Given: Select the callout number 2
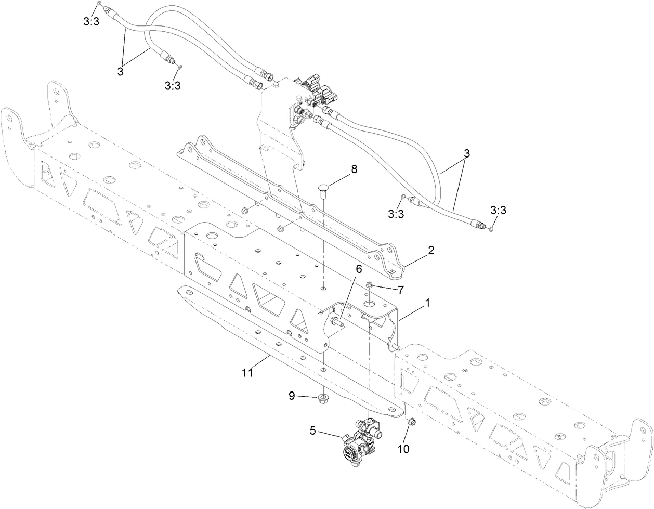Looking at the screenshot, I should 430,251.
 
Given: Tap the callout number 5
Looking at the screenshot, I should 312,430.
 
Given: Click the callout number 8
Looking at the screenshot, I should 355,169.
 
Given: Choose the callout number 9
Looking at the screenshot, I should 292,396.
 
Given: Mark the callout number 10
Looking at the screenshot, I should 404,448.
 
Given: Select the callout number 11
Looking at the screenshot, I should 247,372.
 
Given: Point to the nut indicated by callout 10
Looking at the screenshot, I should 410,422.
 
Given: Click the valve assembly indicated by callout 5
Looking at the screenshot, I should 359,439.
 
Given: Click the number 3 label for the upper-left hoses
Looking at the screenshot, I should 120,72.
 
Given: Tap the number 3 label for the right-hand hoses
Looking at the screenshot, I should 466,153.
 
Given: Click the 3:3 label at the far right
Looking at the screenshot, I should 498,210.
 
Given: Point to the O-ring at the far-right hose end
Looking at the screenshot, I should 491,228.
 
